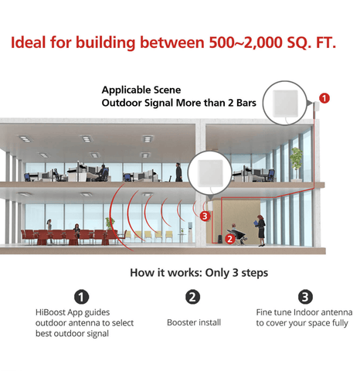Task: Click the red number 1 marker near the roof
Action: point(324,98)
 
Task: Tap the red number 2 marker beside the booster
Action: point(229,239)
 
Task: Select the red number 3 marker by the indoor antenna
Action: point(205,216)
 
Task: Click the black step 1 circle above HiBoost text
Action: point(82,297)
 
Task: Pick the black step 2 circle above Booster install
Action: point(192,297)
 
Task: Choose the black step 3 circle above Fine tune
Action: point(305,297)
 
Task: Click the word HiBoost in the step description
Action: point(50,312)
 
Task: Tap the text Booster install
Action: point(194,322)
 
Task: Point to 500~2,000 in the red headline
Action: point(246,43)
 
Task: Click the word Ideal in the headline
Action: point(28,43)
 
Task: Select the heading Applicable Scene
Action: point(141,90)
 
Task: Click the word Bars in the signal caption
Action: point(246,103)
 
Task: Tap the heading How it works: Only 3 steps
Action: point(199,273)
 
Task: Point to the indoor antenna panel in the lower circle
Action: point(210,173)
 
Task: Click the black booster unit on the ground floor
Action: point(221,239)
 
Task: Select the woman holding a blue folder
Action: point(260,230)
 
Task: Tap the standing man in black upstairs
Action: point(178,172)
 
